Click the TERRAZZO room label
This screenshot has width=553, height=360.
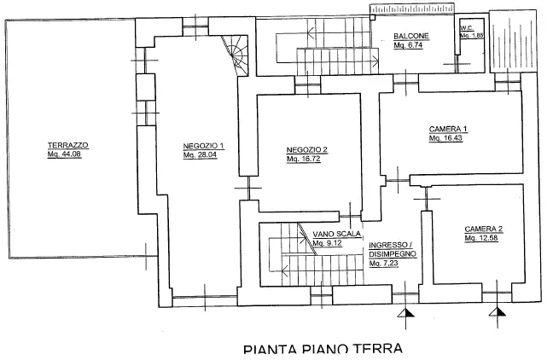[68, 145]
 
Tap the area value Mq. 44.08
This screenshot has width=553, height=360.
[68, 154]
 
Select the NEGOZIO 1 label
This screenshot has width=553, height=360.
[203, 145]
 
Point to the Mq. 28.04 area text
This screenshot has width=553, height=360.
[203, 154]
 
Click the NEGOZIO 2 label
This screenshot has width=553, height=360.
[307, 150]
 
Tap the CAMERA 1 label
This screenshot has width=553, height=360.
[449, 129]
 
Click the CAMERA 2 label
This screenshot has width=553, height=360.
[484, 229]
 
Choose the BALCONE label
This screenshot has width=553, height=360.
[410, 36]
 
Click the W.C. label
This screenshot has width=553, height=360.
[467, 28]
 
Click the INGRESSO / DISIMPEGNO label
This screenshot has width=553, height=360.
[391, 249]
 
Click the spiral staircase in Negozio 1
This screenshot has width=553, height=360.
[235, 52]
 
